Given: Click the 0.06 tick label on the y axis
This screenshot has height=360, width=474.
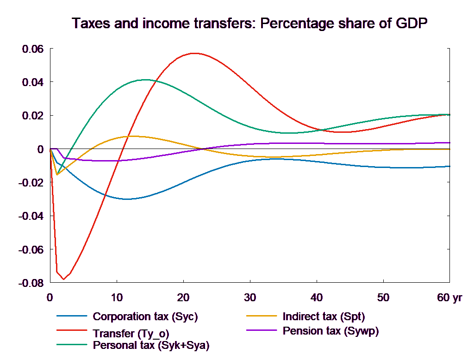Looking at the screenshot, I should [32, 49].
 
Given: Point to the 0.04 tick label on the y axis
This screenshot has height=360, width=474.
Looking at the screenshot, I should [32, 82].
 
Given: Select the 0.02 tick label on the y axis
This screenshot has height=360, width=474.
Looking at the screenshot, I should [32, 116].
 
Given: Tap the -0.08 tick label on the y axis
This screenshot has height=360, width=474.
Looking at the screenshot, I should [31, 283].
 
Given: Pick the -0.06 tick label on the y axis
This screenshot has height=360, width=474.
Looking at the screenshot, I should [31, 249].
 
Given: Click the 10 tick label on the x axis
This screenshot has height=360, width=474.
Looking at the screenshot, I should [117, 298].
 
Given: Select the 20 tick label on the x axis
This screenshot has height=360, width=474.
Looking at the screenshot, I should [183, 298].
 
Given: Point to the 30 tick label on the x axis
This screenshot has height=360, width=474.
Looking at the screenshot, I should [249, 298].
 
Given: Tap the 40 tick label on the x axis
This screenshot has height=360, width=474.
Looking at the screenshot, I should [316, 298].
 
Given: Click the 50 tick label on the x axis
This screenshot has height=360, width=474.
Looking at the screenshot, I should [383, 298].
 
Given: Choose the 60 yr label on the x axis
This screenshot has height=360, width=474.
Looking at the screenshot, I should [449, 298].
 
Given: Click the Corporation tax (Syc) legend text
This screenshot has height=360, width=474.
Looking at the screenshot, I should [145, 317].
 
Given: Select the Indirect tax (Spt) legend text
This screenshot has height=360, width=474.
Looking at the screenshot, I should [324, 317].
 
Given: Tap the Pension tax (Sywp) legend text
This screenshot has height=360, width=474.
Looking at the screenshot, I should [331, 331].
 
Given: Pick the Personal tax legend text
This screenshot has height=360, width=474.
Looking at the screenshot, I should [151, 345].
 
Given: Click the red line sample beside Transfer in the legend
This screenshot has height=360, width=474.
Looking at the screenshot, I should [72, 331].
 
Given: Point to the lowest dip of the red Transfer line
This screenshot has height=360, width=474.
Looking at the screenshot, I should [63, 279].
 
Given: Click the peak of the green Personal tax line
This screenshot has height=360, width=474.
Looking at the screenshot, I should [146, 80].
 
